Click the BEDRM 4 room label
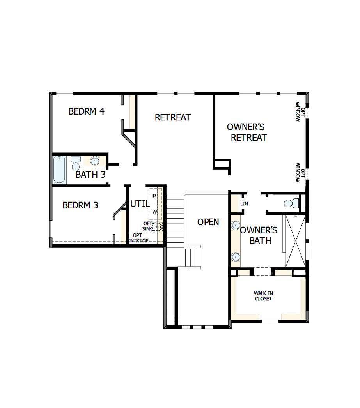tap(86, 111)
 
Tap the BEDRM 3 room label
tap(80, 205)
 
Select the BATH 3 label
tap(90, 175)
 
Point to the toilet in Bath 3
tap(76, 163)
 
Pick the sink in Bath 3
tap(95, 161)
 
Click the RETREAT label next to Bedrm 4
tap(173, 117)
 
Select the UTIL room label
tap(140, 204)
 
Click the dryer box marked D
tap(154, 195)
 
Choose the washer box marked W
tap(154, 212)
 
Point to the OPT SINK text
tap(148, 226)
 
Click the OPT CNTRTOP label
tap(138, 238)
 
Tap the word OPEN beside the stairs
tap(208, 222)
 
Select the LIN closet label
tap(244, 204)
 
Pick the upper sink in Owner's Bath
tap(235, 225)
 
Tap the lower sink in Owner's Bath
tap(235, 256)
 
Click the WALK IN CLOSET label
tap(263, 296)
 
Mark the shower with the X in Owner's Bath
tap(295, 241)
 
